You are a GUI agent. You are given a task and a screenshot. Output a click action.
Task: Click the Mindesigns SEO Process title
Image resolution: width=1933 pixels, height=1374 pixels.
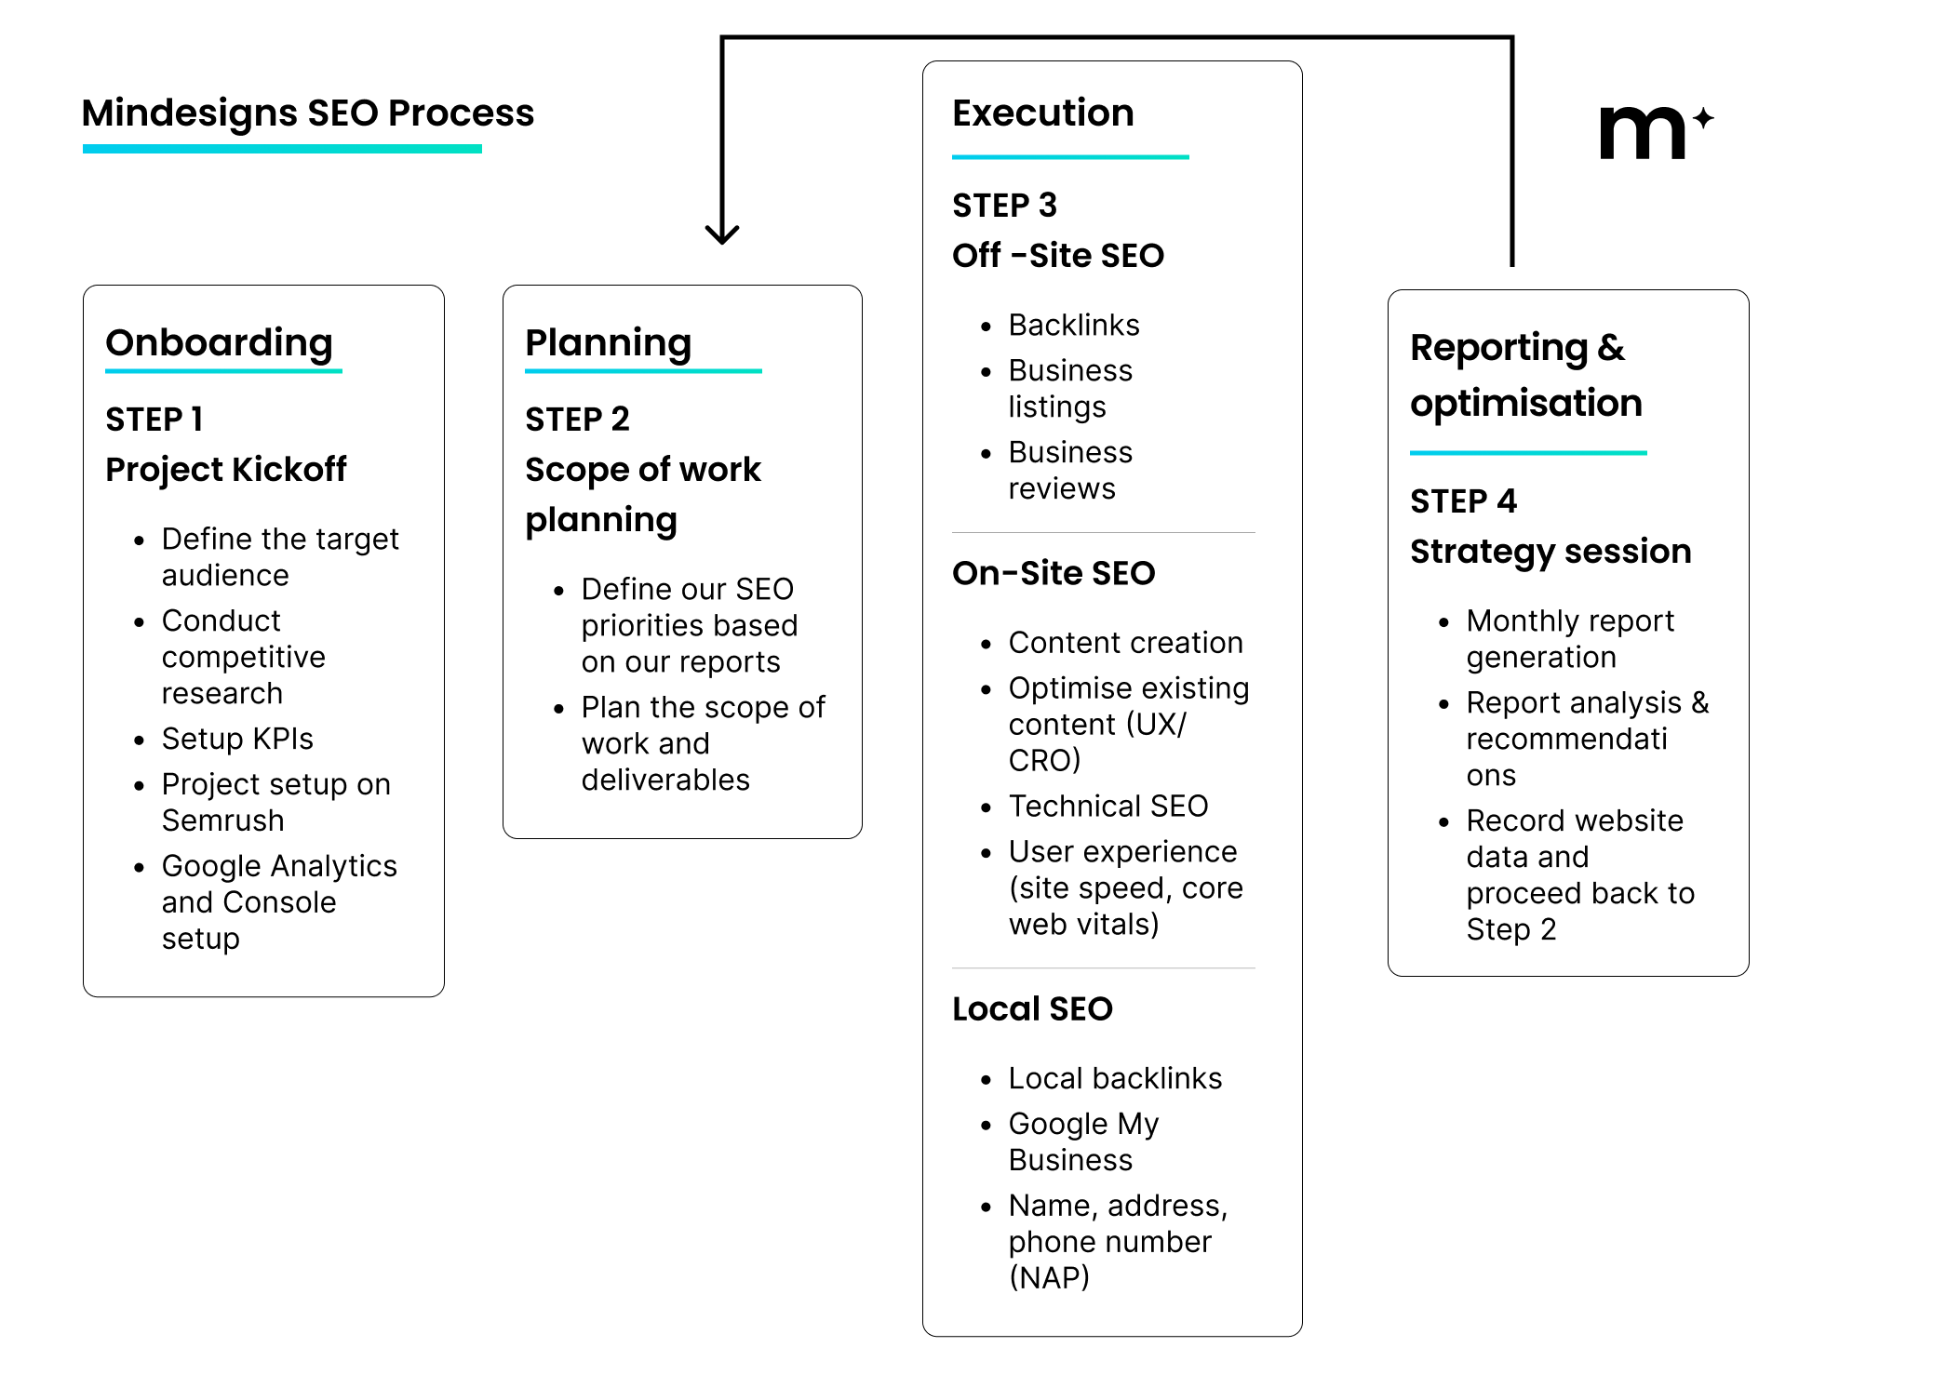(x=307, y=113)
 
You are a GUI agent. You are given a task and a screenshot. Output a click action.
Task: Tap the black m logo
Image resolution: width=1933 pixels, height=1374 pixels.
(x=1642, y=133)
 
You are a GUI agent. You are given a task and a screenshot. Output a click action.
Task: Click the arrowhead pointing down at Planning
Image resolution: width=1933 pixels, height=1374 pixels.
(x=722, y=233)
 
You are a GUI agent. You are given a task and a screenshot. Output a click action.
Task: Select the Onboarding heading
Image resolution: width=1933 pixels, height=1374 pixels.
(x=219, y=342)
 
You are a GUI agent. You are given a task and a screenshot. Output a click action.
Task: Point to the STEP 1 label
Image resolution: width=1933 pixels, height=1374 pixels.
(x=154, y=420)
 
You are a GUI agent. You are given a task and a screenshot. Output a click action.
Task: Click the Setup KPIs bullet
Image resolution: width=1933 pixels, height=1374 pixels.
(x=237, y=739)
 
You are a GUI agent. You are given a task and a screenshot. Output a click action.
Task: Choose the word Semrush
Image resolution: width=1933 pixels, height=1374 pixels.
(x=222, y=820)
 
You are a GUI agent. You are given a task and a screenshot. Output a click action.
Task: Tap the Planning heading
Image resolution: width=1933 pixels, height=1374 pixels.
(x=608, y=342)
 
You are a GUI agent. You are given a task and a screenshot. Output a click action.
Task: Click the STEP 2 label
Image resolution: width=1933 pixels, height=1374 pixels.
(x=577, y=420)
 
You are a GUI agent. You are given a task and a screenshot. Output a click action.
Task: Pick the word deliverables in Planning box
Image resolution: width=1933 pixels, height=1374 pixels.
(x=665, y=780)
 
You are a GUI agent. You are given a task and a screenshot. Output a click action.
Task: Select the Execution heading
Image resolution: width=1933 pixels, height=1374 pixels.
(x=1042, y=113)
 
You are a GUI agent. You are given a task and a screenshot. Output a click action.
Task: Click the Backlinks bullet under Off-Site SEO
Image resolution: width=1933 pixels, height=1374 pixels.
(x=1074, y=325)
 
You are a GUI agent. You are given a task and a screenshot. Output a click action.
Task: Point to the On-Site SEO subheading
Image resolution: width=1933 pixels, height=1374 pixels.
(x=1054, y=573)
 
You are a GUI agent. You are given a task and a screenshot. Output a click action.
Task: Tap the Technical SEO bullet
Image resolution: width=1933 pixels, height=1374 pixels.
(x=1108, y=806)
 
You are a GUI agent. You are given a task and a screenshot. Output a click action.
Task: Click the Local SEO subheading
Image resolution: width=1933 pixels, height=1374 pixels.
(x=1032, y=1008)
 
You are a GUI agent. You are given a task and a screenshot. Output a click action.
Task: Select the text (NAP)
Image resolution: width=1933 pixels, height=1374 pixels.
(x=1049, y=1277)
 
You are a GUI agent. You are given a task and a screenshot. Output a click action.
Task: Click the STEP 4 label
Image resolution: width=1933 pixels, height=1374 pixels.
(x=1463, y=501)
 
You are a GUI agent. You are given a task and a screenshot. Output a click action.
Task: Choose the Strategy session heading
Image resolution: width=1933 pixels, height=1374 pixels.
(x=1550, y=552)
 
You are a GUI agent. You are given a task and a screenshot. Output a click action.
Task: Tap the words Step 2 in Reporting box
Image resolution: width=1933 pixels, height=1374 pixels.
(x=1510, y=929)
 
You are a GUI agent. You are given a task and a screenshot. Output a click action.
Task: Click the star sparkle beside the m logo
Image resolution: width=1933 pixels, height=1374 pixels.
(x=1703, y=118)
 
